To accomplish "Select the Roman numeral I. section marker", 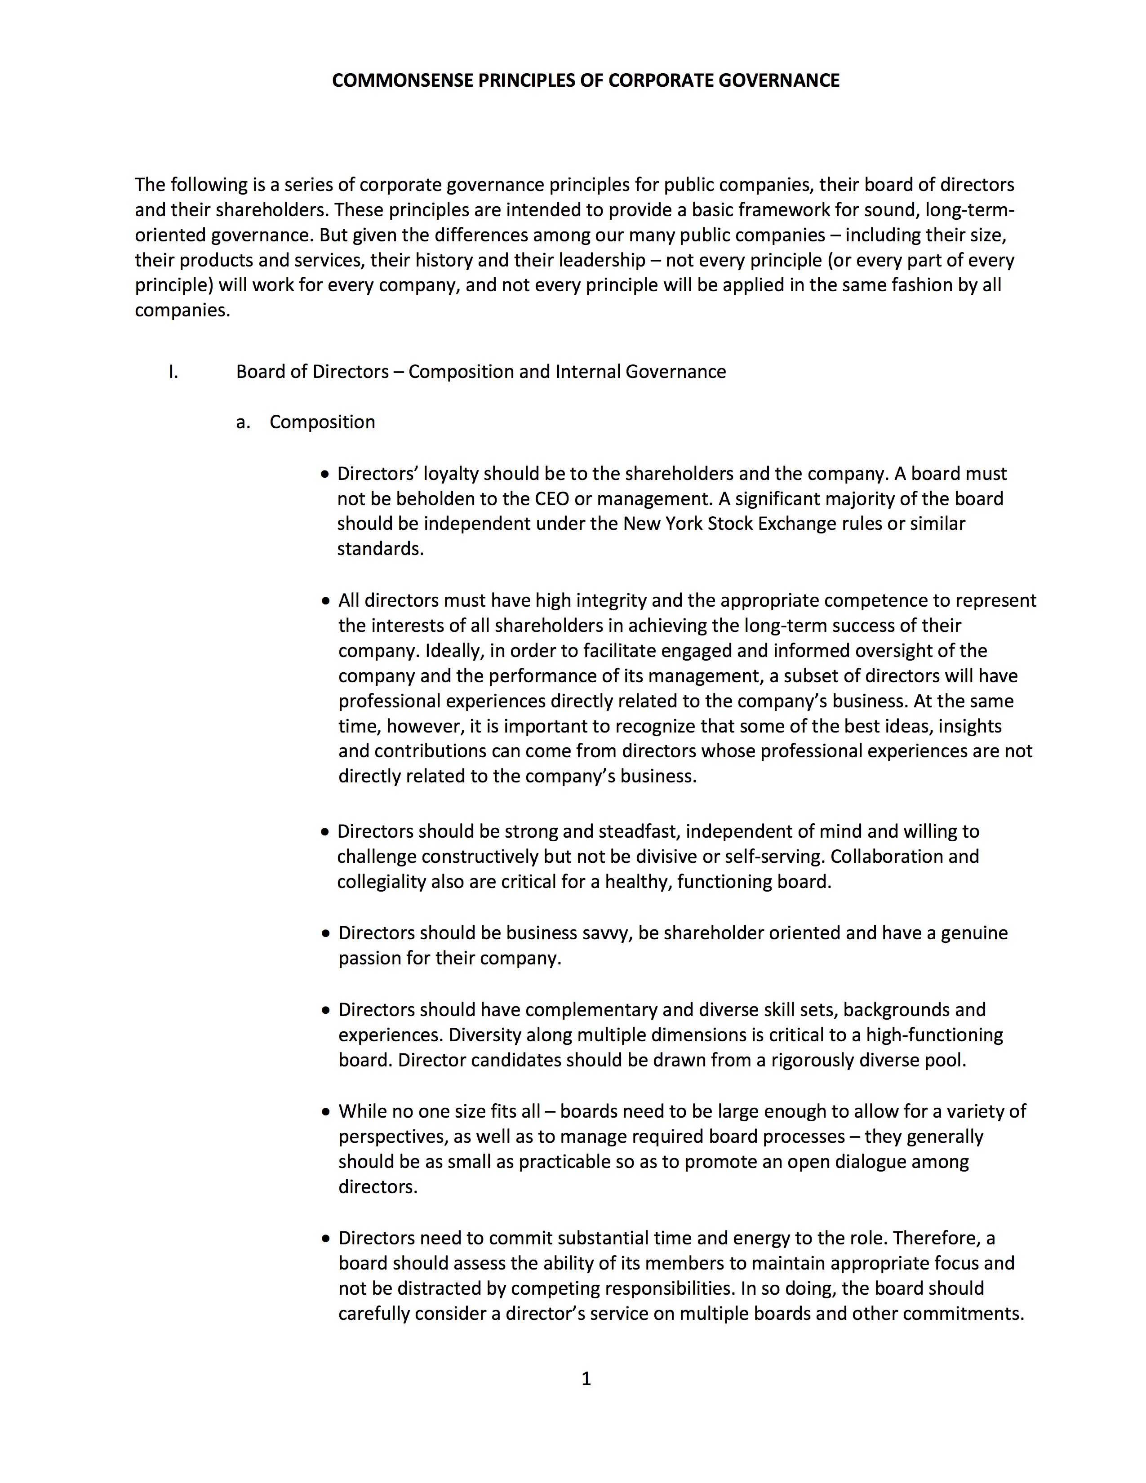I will coord(174,372).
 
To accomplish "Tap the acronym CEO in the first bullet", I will coord(552,499).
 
